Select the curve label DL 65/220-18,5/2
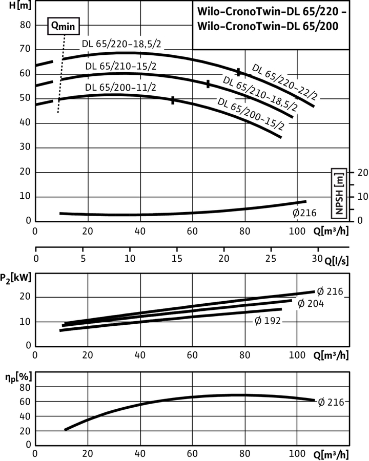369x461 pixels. click(121, 44)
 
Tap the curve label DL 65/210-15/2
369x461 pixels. click(120, 66)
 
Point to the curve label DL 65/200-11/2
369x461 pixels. click(120, 88)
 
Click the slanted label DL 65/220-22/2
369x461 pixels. click(285, 82)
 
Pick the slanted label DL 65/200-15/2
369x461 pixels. click(251, 114)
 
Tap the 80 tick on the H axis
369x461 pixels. click(25, 25)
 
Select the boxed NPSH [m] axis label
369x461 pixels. click(339, 194)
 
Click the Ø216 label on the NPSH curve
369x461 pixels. click(304, 213)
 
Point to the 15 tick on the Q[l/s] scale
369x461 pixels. click(176, 259)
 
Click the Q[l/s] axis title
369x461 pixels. click(337, 261)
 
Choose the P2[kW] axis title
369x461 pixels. click(16, 278)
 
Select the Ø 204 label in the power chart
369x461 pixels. click(311, 303)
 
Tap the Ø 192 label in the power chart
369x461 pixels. click(268, 321)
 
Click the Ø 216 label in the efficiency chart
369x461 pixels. click(331, 402)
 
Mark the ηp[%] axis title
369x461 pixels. click(18, 377)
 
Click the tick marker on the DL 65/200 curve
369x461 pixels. click(173, 100)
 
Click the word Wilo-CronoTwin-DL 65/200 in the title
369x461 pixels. click(268, 26)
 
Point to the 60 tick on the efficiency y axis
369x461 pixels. click(25, 402)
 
